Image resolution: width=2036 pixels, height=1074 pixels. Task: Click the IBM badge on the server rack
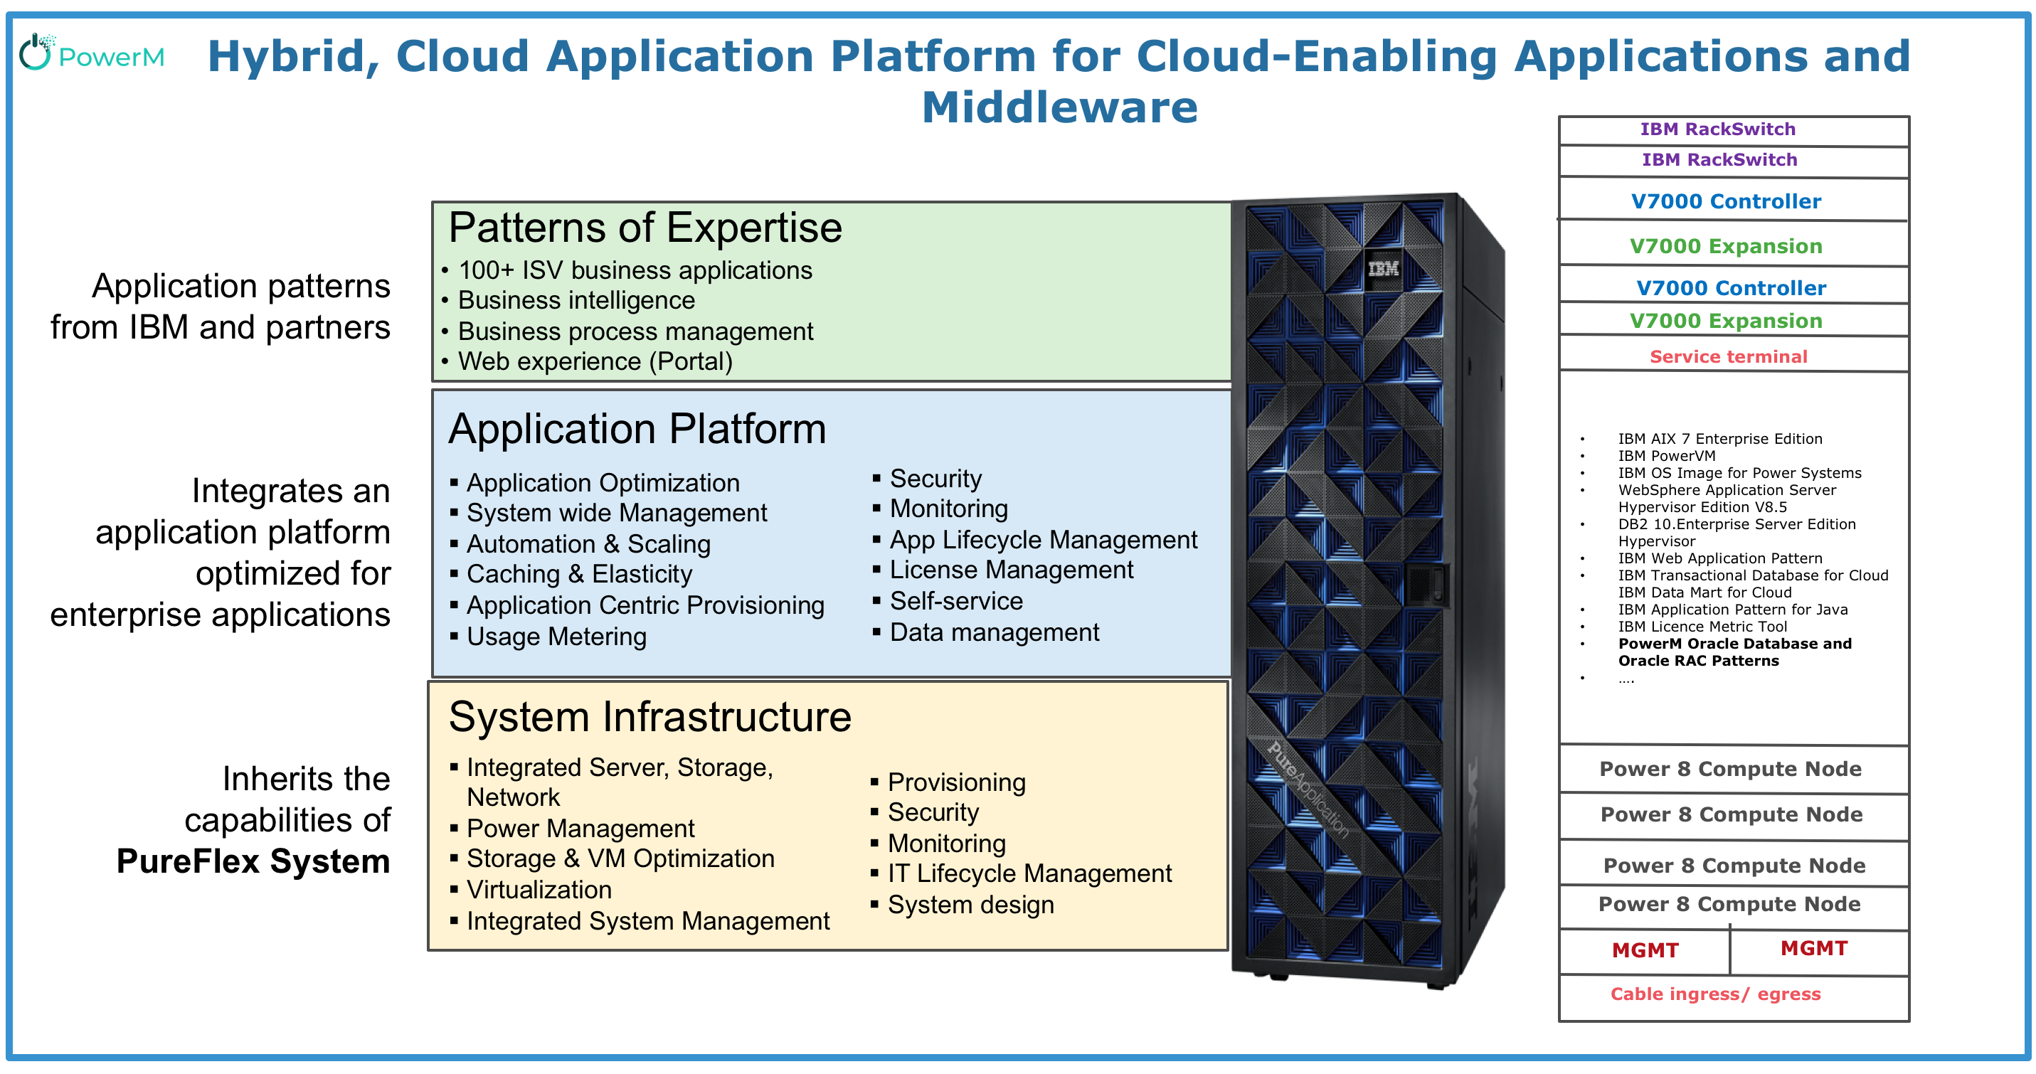tap(1383, 269)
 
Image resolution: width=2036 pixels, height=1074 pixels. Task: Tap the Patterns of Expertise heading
tap(645, 228)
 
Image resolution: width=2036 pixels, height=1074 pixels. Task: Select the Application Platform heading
tap(637, 429)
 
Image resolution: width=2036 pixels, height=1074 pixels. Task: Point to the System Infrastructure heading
tap(649, 718)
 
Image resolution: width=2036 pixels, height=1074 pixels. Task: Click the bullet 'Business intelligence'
tap(576, 300)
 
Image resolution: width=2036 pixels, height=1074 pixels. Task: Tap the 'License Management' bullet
tap(1011, 570)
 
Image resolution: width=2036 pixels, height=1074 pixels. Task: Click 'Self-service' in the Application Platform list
tap(955, 602)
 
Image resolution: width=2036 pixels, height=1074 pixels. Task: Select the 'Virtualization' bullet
tap(539, 890)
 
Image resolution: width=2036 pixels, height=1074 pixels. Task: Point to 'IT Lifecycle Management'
tap(1029, 873)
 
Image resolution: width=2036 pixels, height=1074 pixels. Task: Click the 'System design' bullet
tap(970, 905)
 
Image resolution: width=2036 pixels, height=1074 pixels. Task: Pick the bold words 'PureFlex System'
tap(253, 861)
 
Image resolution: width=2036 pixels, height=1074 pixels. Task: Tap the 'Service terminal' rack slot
tap(1728, 356)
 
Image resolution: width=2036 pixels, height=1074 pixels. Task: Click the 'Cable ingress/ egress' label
tap(1715, 994)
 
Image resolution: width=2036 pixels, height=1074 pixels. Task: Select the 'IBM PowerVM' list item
tap(1666, 456)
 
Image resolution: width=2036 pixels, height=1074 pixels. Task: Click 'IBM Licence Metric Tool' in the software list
tap(1702, 627)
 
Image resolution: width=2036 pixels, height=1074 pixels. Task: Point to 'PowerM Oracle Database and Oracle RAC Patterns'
tap(1734, 652)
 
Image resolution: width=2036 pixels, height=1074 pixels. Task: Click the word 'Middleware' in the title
tap(1059, 107)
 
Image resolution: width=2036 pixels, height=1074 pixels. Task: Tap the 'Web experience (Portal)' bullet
tap(595, 361)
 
